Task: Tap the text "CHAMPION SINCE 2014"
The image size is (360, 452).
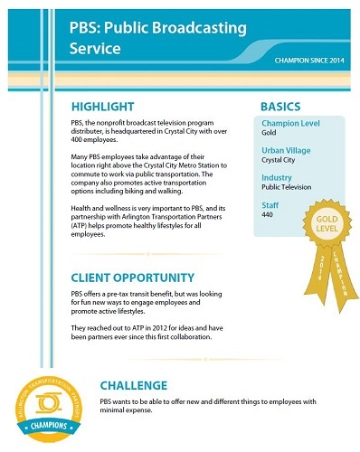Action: coord(310,61)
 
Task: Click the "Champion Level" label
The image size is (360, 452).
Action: coord(287,123)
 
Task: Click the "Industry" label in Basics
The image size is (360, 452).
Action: coord(276,179)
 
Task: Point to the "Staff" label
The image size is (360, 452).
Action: coord(270,207)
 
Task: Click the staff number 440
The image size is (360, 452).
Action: coord(269,218)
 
